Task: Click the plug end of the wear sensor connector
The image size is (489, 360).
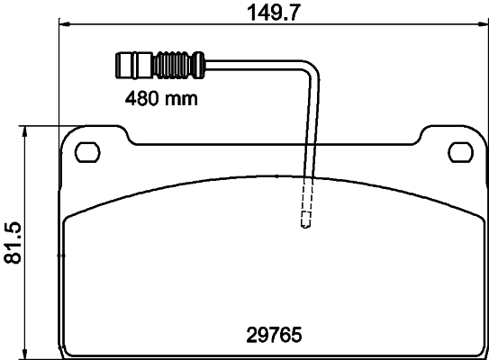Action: pyautogui.click(x=130, y=65)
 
